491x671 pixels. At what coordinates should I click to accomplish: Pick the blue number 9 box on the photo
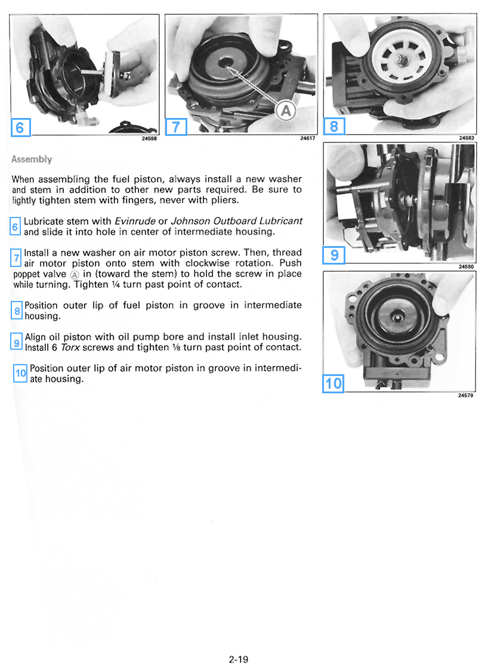pyautogui.click(x=334, y=255)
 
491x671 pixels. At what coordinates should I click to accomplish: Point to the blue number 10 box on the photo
pyautogui.click(x=333, y=383)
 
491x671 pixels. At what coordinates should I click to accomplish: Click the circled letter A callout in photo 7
pyautogui.click(x=286, y=110)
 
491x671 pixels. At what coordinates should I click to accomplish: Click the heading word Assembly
pyautogui.click(x=32, y=160)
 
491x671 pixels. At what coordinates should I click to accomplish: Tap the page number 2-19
pyautogui.click(x=238, y=659)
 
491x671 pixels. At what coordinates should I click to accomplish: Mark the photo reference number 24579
pyautogui.click(x=466, y=395)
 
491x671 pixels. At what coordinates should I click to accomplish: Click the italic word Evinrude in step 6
pyautogui.click(x=134, y=220)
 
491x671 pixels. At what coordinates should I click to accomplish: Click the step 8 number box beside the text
pyautogui.click(x=17, y=310)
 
